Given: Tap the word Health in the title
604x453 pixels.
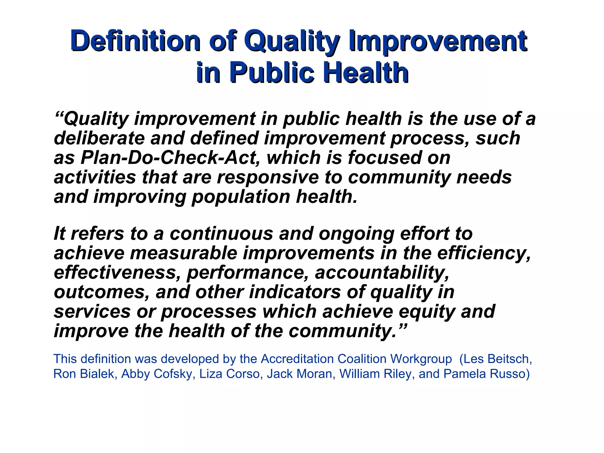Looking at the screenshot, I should pyautogui.click(x=366, y=72).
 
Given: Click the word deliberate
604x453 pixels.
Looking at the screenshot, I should pyautogui.click(x=99, y=138).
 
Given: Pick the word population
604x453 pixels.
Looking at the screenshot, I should pyautogui.click(x=241, y=197).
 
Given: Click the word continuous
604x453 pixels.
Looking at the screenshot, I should pyautogui.click(x=221, y=234).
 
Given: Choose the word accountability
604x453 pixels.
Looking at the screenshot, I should pyautogui.click(x=382, y=273).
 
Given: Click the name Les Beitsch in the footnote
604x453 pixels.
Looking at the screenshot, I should pyautogui.click(x=497, y=359).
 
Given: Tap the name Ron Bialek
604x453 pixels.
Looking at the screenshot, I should pyautogui.click(x=83, y=374).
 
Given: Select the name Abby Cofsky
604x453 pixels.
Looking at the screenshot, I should pyautogui.click(x=157, y=374).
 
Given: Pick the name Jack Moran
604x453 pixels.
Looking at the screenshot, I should pyautogui.click(x=299, y=374).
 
